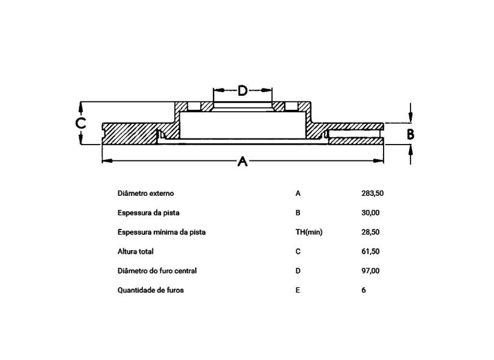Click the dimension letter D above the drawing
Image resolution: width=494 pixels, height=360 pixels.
click(x=242, y=91)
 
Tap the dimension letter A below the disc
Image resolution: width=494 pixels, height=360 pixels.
click(x=242, y=161)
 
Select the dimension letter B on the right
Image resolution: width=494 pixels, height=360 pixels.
click(x=410, y=134)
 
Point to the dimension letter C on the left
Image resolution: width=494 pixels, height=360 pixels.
click(x=81, y=123)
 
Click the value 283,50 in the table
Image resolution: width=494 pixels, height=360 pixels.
click(x=373, y=193)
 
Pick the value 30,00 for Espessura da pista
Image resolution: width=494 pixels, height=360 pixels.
click(x=370, y=213)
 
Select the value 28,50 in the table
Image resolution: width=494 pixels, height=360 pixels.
click(x=370, y=232)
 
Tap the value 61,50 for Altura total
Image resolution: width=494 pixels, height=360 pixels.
click(x=370, y=251)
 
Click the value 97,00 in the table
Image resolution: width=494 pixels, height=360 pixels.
click(x=370, y=271)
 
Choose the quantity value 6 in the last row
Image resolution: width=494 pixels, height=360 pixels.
click(x=363, y=290)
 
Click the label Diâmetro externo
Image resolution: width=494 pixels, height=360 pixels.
click(x=146, y=193)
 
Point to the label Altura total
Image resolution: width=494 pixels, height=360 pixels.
click(x=135, y=251)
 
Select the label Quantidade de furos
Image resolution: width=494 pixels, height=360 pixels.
click(x=151, y=290)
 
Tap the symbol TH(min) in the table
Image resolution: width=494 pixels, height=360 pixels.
click(x=309, y=232)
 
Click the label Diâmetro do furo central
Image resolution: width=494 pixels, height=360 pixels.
click(x=157, y=271)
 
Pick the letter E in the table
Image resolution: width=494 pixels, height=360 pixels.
click(x=298, y=290)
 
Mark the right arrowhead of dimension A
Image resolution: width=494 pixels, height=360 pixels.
click(x=378, y=160)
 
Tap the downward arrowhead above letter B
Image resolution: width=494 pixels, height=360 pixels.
click(x=410, y=117)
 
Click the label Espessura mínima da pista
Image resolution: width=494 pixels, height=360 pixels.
click(x=162, y=232)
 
